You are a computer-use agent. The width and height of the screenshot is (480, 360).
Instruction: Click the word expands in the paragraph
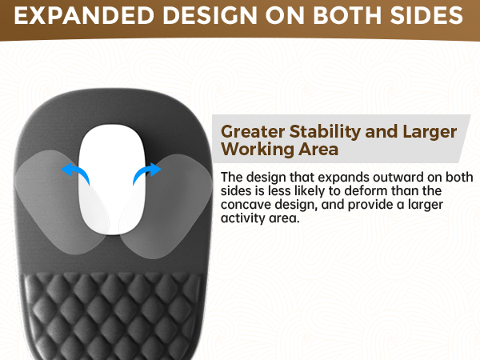pos(328,177)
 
